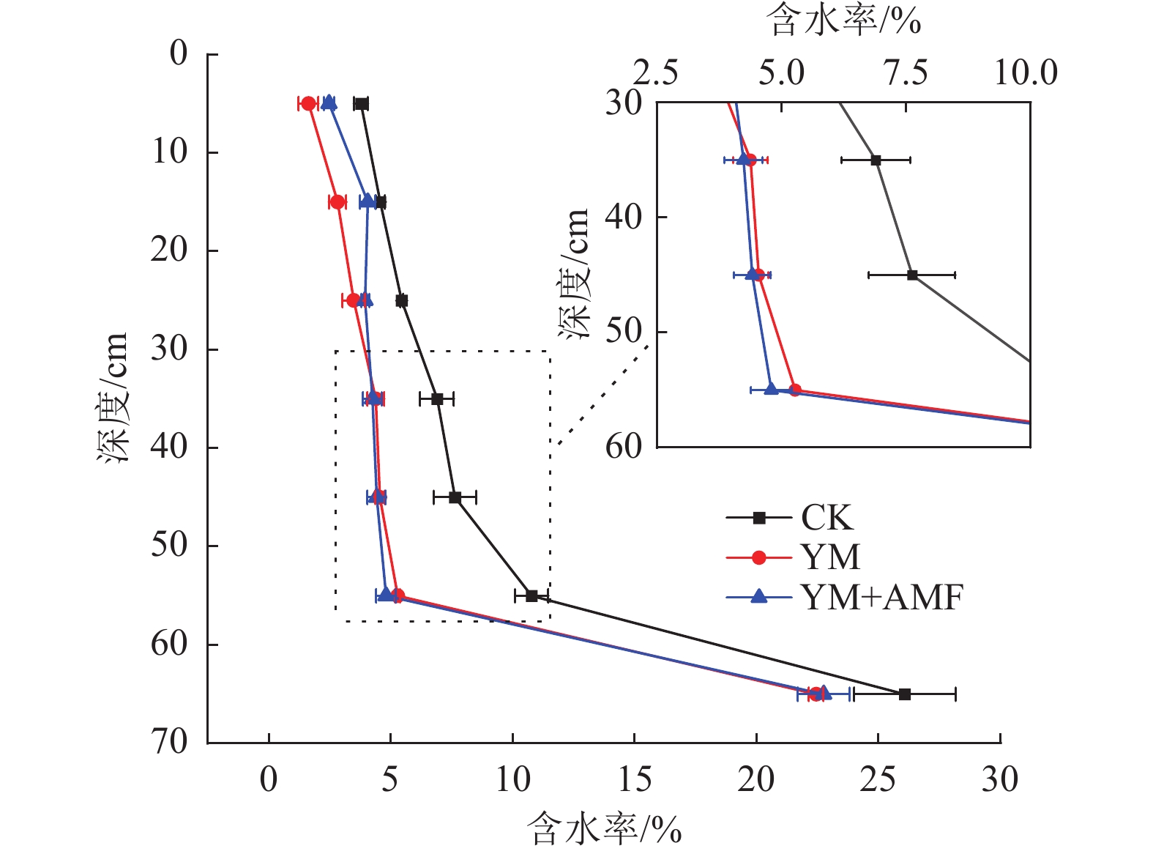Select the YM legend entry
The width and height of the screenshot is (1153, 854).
829,557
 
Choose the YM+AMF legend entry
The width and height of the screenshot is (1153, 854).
881,598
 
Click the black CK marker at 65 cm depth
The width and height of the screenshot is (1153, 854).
905,694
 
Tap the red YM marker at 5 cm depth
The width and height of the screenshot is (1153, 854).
309,103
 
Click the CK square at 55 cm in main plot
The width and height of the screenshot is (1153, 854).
531,595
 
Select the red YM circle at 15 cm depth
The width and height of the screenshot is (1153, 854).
337,202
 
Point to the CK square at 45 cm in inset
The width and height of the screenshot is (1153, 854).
912,275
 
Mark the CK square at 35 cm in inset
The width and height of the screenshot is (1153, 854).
876,160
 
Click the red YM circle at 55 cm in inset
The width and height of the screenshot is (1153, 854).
795,390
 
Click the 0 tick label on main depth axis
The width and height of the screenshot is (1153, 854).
179,53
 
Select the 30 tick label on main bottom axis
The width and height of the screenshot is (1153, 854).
999,780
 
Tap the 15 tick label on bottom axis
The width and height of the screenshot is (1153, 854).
634,780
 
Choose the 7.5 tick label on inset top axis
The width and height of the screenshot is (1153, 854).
906,73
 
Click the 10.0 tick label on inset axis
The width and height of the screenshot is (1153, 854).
1025,73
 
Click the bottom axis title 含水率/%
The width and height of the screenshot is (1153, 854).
604,829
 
